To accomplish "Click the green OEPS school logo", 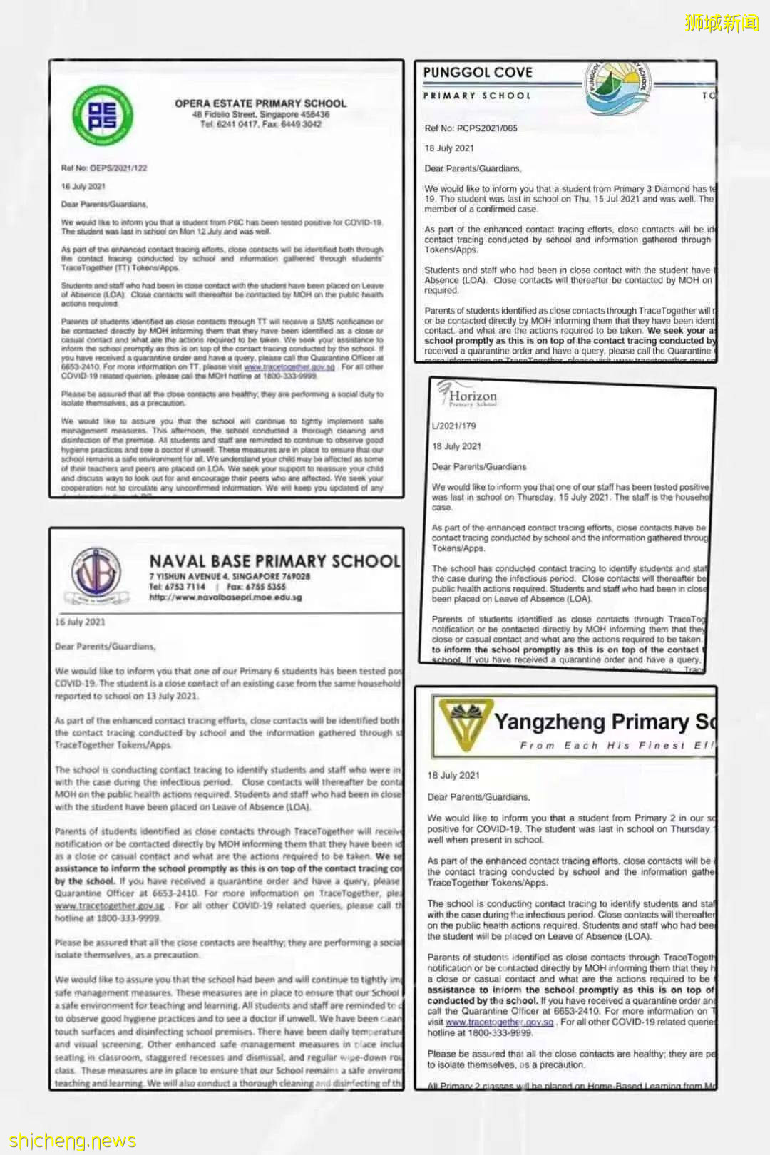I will [x=103, y=114].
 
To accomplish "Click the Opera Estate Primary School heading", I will [x=260, y=103].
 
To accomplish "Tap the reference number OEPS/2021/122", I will [x=104, y=168].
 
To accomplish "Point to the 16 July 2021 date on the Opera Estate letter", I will [x=83, y=186].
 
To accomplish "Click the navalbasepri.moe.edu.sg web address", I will [x=225, y=597].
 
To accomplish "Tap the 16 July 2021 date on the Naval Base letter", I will [x=80, y=622].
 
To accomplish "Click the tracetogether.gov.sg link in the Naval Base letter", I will [x=110, y=905].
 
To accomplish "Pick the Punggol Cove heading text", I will [x=478, y=72].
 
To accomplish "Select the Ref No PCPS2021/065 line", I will [x=471, y=128].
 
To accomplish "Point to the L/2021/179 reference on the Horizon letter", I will [x=453, y=426].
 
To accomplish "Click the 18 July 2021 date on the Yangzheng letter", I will [x=453, y=775].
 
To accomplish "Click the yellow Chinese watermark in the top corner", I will [x=722, y=23].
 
